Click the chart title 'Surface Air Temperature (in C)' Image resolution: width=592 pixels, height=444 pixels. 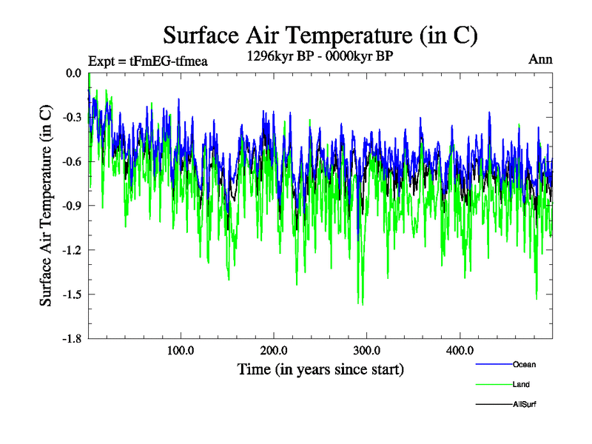click(320, 35)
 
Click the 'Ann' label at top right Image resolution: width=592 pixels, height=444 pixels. click(540, 59)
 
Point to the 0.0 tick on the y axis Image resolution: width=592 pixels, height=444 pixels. click(73, 73)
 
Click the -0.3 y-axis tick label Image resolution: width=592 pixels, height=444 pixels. click(72, 118)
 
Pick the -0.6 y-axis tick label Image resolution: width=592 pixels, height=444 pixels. click(72, 162)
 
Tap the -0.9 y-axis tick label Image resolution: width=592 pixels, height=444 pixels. click(72, 206)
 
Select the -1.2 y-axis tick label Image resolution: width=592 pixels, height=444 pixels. click(72, 250)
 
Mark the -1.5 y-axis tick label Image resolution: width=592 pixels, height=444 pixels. click(72, 295)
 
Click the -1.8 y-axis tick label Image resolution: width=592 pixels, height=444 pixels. click(72, 339)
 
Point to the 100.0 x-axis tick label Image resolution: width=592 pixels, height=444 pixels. click(181, 351)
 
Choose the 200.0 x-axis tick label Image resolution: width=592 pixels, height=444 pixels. click(274, 351)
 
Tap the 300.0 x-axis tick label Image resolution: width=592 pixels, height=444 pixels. click(367, 351)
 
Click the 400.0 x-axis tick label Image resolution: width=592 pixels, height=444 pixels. click(460, 351)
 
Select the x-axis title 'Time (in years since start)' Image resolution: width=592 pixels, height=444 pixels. click(320, 369)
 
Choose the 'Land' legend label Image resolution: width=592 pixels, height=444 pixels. click(521, 385)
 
